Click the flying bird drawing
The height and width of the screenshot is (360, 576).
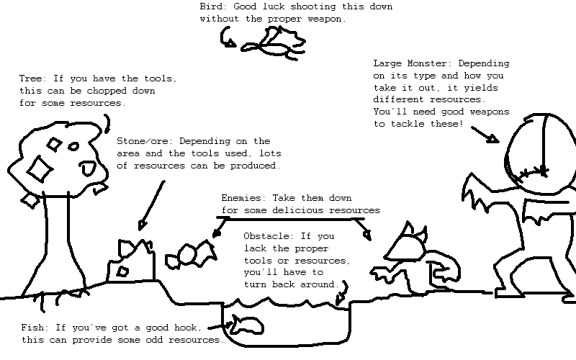274,44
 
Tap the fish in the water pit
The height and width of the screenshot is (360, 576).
246,325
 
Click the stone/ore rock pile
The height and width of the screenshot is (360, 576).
131,261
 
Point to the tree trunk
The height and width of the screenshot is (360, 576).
58,243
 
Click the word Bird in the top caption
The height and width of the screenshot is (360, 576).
211,6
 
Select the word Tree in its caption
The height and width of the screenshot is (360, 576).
30,78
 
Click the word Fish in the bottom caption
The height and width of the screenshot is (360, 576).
32,328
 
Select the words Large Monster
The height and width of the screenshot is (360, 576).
413,63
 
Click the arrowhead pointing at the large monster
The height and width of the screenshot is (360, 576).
492,139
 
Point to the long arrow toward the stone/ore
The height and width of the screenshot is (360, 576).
151,206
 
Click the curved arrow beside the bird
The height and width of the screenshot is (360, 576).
227,38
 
